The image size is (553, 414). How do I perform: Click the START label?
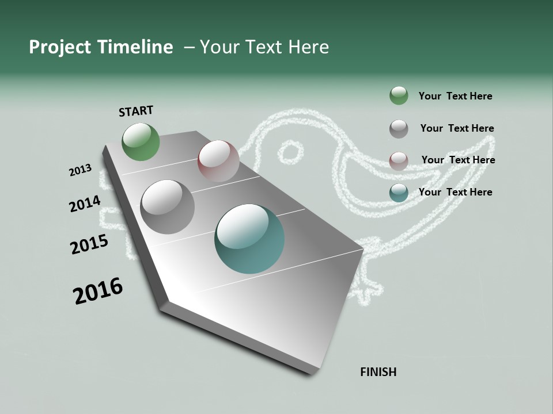[x=136, y=111]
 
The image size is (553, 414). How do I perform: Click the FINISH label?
[x=378, y=372]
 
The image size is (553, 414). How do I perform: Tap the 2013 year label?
[x=80, y=170]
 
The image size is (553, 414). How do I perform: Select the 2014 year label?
[x=85, y=204]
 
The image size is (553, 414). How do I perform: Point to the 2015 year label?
[x=89, y=244]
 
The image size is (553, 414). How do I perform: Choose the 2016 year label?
[x=98, y=291]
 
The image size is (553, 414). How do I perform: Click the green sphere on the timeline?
[x=141, y=141]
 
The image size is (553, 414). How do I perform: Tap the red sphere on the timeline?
[x=218, y=161]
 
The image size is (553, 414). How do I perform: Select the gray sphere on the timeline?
[x=168, y=207]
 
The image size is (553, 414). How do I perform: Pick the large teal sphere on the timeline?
[x=249, y=239]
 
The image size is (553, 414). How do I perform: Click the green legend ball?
[x=399, y=96]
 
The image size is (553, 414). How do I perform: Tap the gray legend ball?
[x=399, y=129]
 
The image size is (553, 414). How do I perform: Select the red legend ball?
[x=399, y=161]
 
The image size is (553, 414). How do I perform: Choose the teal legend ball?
[x=399, y=193]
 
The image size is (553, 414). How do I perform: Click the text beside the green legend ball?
[x=455, y=96]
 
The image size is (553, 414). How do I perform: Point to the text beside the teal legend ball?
[x=455, y=192]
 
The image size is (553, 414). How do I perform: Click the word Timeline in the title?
[x=133, y=47]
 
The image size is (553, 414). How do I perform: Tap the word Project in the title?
[x=60, y=47]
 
